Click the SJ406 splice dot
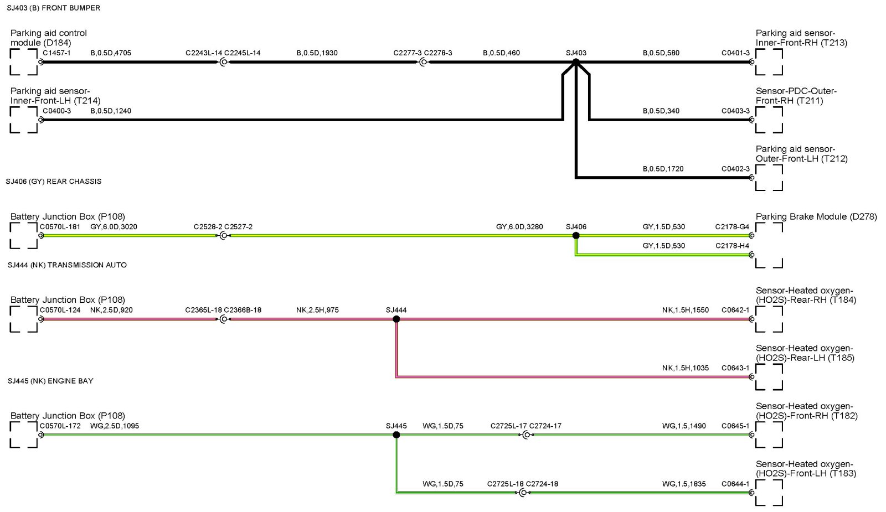[x=576, y=235]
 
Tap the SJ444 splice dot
[x=396, y=319]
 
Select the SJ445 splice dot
[x=396, y=435]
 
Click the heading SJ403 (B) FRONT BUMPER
[x=54, y=8]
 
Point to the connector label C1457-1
[x=56, y=53]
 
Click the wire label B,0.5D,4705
[x=111, y=53]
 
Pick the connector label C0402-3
[x=735, y=169]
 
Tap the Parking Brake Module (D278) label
[x=816, y=216]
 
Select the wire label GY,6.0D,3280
[x=519, y=227]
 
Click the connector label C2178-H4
[x=732, y=246]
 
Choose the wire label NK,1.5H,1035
[x=685, y=368]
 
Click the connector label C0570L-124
[x=60, y=310]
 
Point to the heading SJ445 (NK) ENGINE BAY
[x=50, y=381]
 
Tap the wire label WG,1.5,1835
[x=684, y=484]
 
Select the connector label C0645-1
[x=735, y=426]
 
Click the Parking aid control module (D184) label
[x=49, y=38]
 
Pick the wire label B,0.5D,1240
[x=111, y=111]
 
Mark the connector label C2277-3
[x=408, y=53]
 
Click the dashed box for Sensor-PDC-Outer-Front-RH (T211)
[x=769, y=120]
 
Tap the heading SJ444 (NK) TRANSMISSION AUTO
[x=67, y=265]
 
